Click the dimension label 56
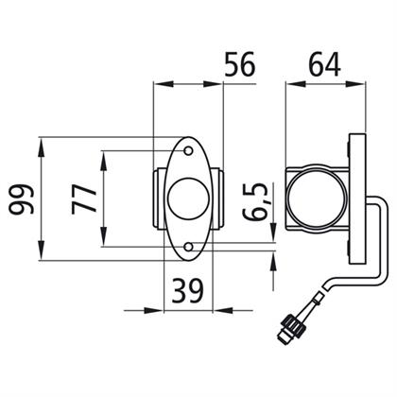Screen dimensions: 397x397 click(x=240, y=64)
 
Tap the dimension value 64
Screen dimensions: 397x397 click(x=324, y=64)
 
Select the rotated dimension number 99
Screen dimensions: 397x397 click(x=21, y=199)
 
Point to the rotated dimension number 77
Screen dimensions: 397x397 click(x=84, y=199)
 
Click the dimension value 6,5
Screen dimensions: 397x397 click(x=255, y=202)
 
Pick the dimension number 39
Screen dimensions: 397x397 click(x=188, y=290)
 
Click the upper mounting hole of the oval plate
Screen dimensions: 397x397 click(x=189, y=151)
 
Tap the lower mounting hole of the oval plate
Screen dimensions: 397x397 click(x=189, y=247)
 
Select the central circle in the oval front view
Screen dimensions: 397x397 click(x=189, y=198)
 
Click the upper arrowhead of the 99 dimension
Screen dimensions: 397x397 click(x=42, y=147)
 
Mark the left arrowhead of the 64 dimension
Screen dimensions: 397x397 click(x=296, y=84)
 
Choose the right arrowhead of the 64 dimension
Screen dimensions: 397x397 click(x=356, y=84)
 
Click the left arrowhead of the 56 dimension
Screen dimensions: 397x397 click(x=164, y=84)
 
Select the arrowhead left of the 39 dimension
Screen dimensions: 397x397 click(x=154, y=310)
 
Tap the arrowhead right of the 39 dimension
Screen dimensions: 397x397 click(x=224, y=310)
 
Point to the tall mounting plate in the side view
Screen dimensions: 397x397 click(x=358, y=199)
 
